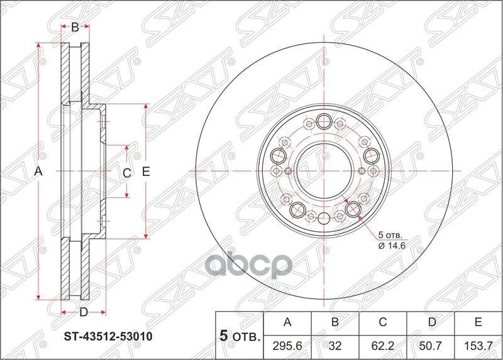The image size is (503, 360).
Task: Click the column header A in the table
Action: (x=288, y=323)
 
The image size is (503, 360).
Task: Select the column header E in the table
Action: (x=478, y=323)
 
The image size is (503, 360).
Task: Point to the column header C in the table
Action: (x=383, y=323)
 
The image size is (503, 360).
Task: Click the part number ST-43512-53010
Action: (x=108, y=336)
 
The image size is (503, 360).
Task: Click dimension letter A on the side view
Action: (x=38, y=172)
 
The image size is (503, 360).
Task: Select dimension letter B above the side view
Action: (x=75, y=27)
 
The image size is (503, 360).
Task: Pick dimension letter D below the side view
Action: (x=83, y=312)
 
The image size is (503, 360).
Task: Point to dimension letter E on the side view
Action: (x=146, y=172)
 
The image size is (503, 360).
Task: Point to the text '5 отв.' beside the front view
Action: (x=390, y=236)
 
